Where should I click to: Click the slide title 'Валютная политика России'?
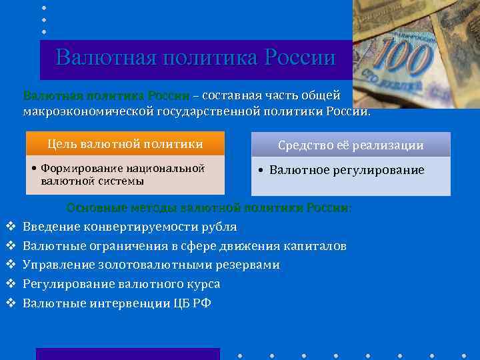tap(195, 58)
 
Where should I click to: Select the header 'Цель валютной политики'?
tap(125, 144)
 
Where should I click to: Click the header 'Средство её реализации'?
tap(351, 145)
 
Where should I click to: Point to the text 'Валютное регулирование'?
tap(347, 170)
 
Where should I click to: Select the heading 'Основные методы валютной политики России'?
tap(209, 208)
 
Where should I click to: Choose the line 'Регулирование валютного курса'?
tap(121, 284)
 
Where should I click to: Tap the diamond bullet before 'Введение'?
tap(10, 227)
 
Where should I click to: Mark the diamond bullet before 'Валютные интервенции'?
tap(10, 303)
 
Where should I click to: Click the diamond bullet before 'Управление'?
tap(10, 265)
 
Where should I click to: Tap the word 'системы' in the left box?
tap(122, 181)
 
